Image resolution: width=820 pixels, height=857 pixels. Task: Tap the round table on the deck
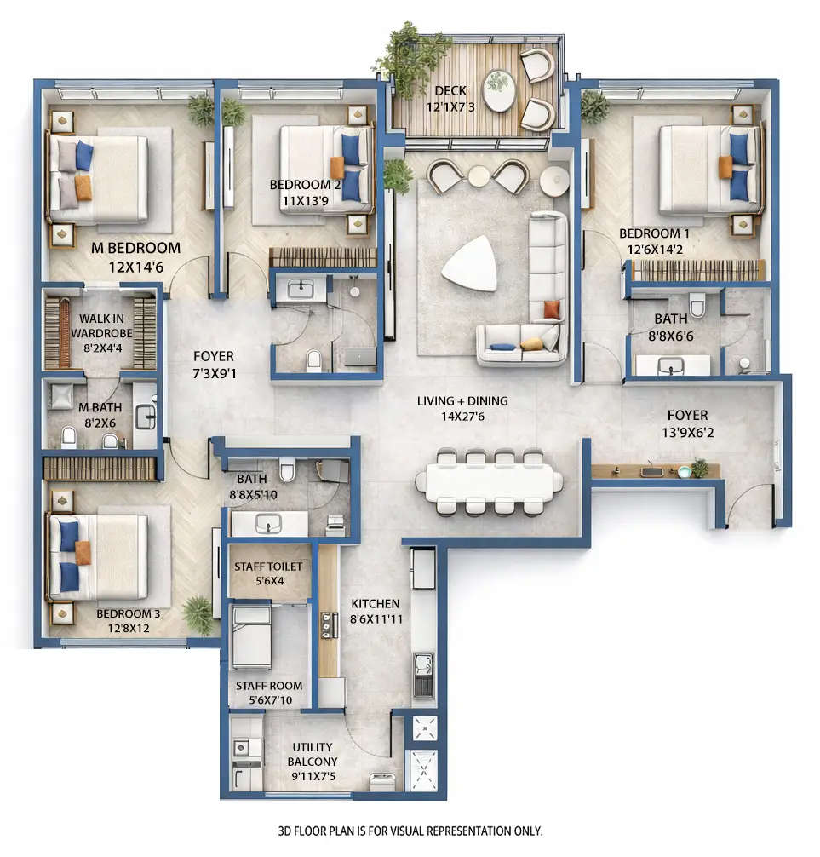click(498, 90)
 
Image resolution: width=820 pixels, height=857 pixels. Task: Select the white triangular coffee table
click(468, 263)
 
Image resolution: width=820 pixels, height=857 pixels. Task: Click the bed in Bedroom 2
click(324, 168)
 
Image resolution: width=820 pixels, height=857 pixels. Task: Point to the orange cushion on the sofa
click(552, 309)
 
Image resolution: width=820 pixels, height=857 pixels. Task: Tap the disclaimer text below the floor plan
click(410, 831)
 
